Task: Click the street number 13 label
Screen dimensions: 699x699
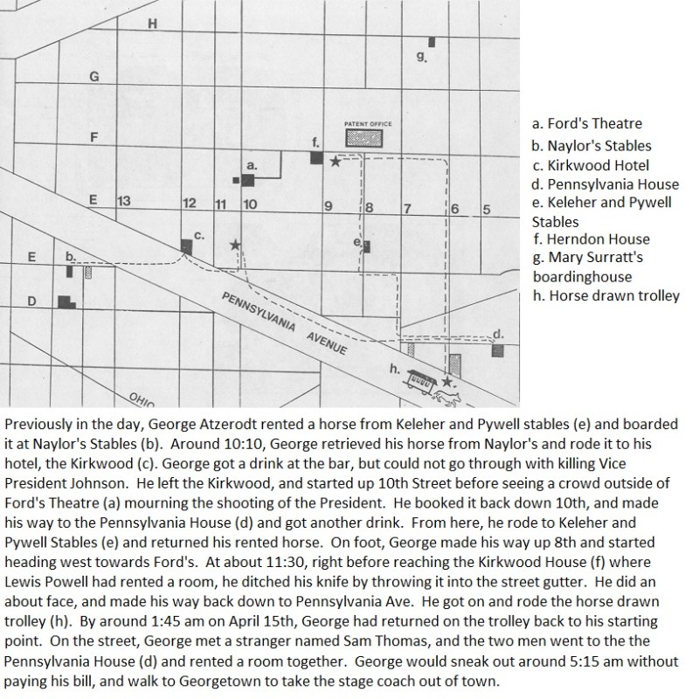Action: pyautogui.click(x=123, y=202)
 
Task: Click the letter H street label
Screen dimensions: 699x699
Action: pyautogui.click(x=152, y=24)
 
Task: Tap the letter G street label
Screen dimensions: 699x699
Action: pyautogui.click(x=95, y=77)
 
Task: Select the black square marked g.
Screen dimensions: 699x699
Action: pyautogui.click(x=432, y=41)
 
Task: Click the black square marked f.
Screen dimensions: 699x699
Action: pyautogui.click(x=316, y=157)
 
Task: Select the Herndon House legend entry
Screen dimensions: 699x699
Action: pyautogui.click(x=590, y=239)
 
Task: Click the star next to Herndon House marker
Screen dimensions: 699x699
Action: pyautogui.click(x=336, y=161)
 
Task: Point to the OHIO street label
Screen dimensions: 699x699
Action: pyautogui.click(x=142, y=398)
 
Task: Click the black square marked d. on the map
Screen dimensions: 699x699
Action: pyautogui.click(x=498, y=349)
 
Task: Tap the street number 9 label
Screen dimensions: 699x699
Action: pyautogui.click(x=328, y=207)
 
